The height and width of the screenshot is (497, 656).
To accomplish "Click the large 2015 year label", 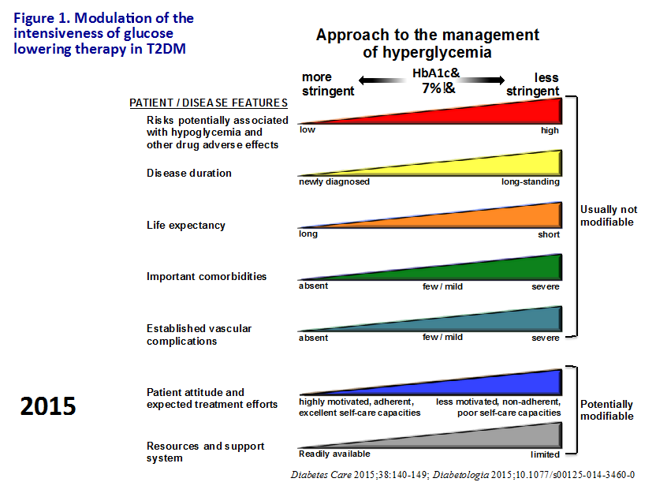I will [48, 405].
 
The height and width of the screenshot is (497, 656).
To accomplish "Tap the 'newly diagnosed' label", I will [334, 181].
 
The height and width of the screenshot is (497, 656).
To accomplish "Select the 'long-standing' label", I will [530, 181].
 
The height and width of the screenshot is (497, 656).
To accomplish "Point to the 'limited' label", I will [545, 454].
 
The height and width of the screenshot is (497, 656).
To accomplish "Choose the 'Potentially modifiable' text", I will [607, 410].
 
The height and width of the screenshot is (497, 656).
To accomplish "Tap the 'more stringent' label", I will [328, 84].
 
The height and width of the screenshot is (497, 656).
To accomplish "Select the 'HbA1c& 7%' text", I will [432, 80].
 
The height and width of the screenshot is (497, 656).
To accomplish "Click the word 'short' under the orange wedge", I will [549, 234].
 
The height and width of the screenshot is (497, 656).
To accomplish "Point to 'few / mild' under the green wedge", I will [442, 286].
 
